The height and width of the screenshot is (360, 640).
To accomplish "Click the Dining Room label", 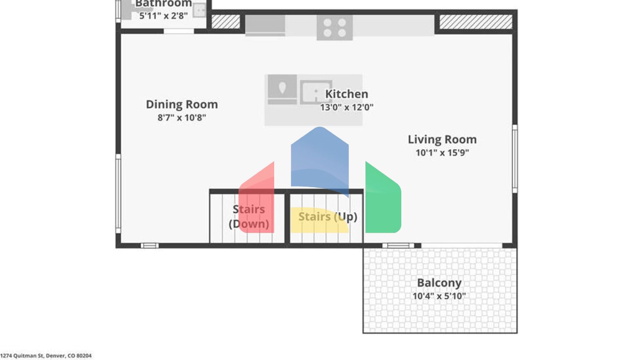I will point(182,104).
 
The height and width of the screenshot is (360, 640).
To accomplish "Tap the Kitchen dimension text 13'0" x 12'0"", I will point(346,107).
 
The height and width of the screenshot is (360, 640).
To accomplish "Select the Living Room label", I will point(442,139).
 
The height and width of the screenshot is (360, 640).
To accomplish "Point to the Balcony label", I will point(439,282).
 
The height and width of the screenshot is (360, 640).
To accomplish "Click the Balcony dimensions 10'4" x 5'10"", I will point(439,296).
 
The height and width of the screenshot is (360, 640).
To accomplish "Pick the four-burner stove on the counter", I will point(335,27).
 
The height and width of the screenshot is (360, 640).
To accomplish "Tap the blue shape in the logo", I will point(320,158).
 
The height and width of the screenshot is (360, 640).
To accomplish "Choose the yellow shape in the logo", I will point(317,221).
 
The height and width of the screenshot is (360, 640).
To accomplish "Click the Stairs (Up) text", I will point(327,217).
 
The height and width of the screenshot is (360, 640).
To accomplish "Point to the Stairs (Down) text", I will point(249,216).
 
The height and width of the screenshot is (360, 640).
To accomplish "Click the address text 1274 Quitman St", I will point(46,355).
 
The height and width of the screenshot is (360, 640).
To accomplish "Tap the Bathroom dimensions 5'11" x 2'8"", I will point(163,16).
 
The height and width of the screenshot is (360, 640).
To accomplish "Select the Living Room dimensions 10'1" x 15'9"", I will point(442,152).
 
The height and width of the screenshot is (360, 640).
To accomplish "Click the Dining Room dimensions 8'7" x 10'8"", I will point(182,117).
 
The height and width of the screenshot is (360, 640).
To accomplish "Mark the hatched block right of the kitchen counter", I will point(476,22).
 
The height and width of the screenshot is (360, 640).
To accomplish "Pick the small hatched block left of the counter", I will point(226,22).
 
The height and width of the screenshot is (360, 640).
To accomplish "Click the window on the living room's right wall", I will point(515,158).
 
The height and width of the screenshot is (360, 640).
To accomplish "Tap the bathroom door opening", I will point(178,31).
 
